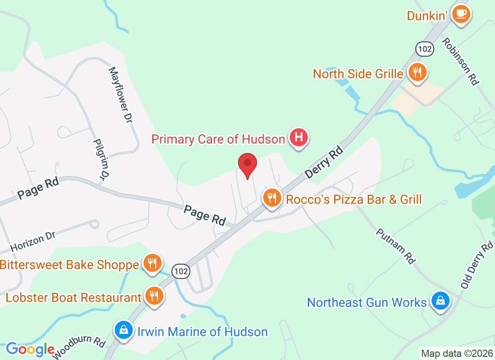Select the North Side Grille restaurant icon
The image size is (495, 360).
(x=418, y=72)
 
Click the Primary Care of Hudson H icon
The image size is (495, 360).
(x=298, y=137)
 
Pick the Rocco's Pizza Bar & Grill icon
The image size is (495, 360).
(x=272, y=198)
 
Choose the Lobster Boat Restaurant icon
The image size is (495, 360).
(x=154, y=296)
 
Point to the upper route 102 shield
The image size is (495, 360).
(x=425, y=49)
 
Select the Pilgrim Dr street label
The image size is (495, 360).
(x=101, y=157)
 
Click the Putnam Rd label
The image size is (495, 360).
(x=395, y=245)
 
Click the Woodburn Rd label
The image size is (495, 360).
(x=79, y=347)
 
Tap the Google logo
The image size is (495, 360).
(x=30, y=349)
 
